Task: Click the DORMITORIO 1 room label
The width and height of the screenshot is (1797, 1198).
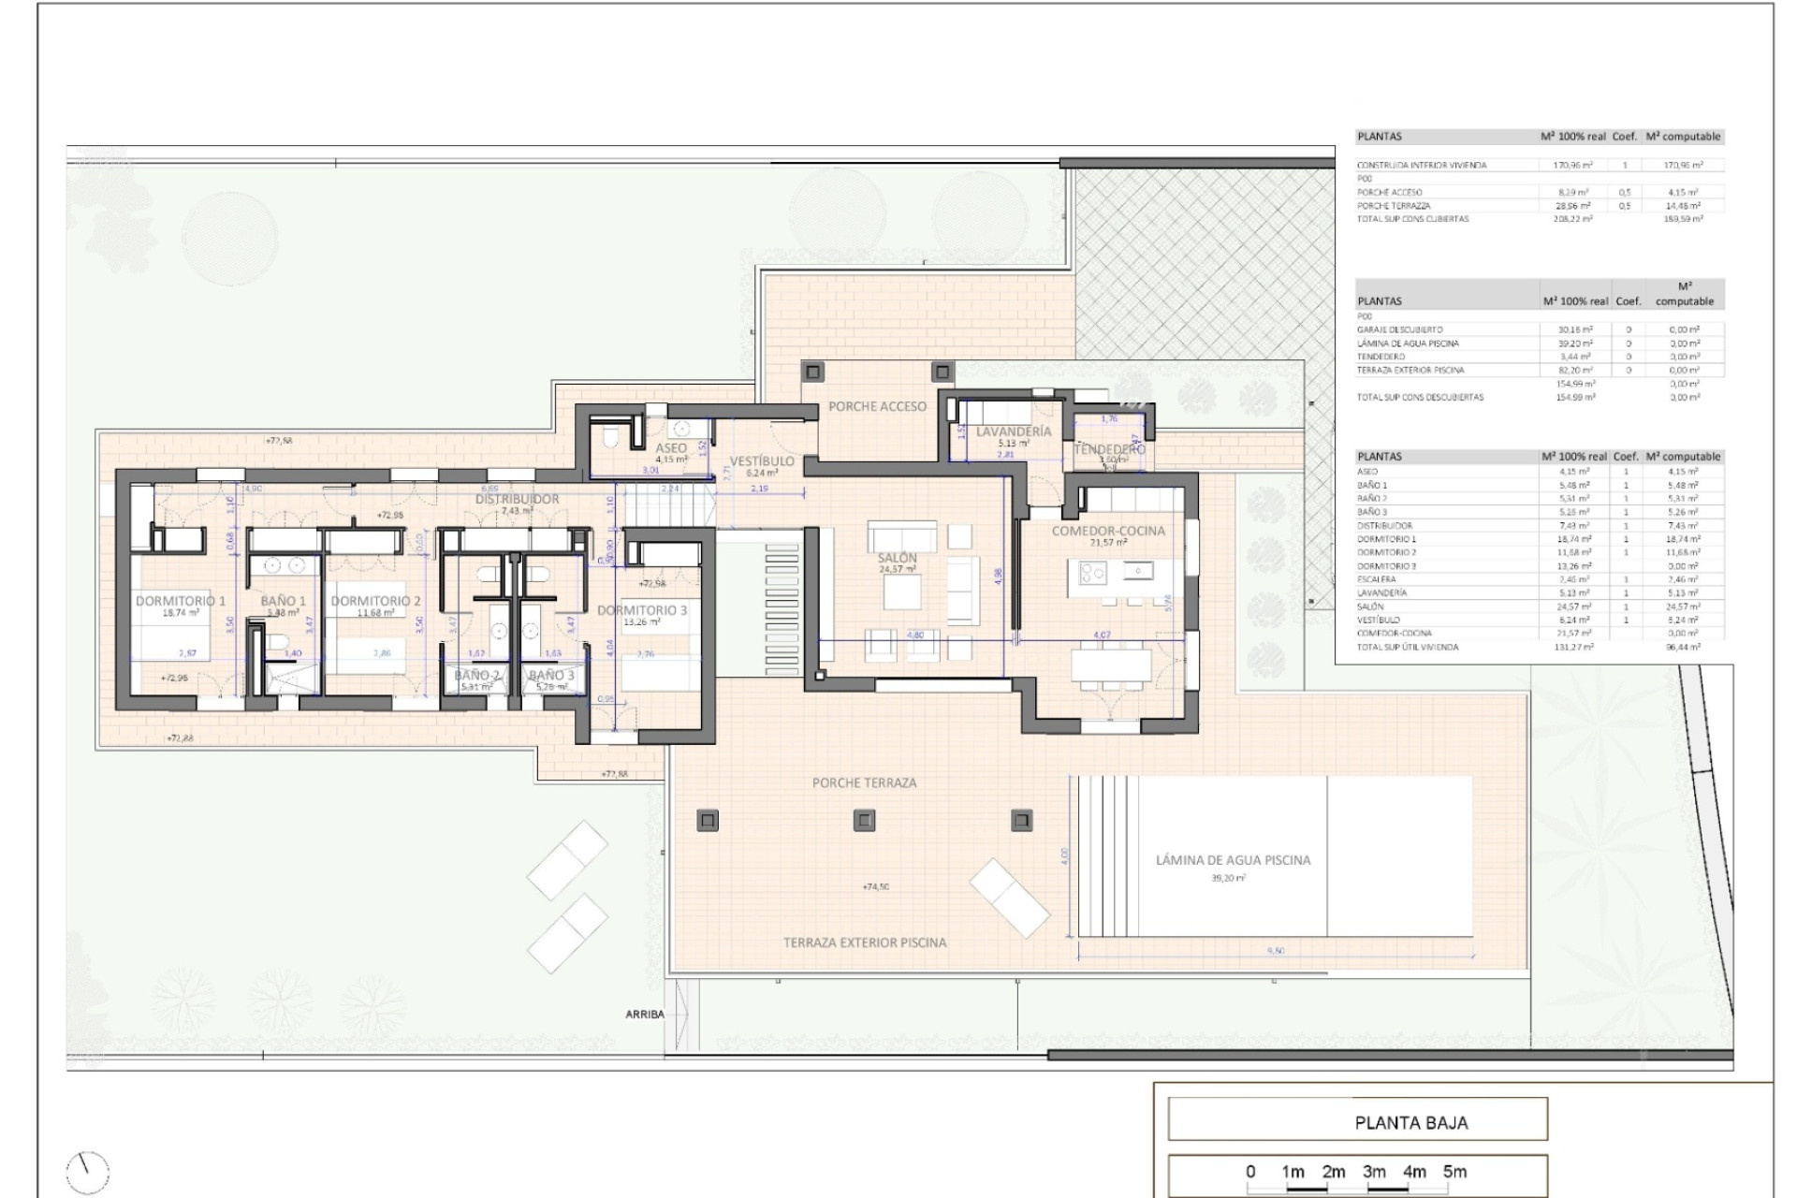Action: click(181, 601)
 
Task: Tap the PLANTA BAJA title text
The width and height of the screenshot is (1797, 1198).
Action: click(1410, 1122)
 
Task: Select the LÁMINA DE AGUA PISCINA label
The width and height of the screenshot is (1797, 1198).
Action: click(1233, 859)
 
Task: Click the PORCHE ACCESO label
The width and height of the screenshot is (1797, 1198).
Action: click(877, 406)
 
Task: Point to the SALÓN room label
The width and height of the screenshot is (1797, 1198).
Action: click(898, 558)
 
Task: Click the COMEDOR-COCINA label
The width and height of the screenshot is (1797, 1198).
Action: click(1108, 531)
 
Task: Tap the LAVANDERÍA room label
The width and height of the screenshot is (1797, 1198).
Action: click(1013, 431)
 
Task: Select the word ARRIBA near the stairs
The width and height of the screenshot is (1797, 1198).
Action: click(645, 1015)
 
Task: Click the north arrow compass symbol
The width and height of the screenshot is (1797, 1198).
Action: click(88, 1170)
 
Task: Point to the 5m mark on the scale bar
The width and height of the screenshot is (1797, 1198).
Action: click(1454, 1171)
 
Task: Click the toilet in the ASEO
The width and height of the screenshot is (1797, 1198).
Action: click(610, 436)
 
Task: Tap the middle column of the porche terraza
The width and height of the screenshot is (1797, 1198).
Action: click(865, 821)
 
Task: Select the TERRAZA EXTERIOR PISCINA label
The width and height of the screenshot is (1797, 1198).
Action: click(865, 942)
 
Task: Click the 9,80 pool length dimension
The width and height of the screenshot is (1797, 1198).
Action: click(1275, 951)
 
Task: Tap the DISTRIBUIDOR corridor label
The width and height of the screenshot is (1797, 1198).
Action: click(517, 499)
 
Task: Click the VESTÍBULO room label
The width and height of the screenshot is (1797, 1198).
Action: click(762, 460)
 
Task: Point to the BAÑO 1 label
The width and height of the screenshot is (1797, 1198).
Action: click(283, 601)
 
